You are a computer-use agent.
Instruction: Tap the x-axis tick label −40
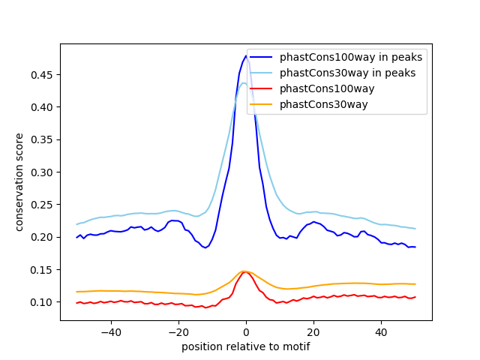click(110, 331)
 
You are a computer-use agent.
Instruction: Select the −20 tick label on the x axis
click(178, 331)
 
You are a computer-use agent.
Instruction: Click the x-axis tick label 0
click(245, 331)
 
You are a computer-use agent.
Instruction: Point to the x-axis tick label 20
click(313, 331)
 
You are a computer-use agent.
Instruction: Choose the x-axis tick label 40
click(380, 331)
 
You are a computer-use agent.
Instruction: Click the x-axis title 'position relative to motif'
click(245, 346)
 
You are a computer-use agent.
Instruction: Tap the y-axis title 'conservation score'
click(19, 181)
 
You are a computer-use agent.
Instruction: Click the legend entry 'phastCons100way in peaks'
click(350, 57)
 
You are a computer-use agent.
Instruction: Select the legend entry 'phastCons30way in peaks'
click(347, 73)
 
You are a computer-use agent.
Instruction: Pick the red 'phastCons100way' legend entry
click(326, 88)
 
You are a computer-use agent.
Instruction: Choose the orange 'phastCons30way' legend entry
click(323, 104)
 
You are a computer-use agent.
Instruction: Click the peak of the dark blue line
click(245, 55)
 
